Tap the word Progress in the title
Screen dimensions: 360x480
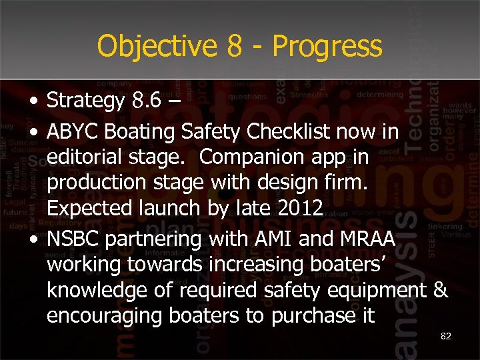[327, 47]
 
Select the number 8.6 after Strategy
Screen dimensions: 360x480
[146, 101]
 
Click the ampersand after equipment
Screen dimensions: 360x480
[441, 289]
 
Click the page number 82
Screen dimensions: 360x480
[446, 336]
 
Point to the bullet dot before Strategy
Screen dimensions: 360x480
[33, 103]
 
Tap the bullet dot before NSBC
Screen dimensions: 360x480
[33, 239]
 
